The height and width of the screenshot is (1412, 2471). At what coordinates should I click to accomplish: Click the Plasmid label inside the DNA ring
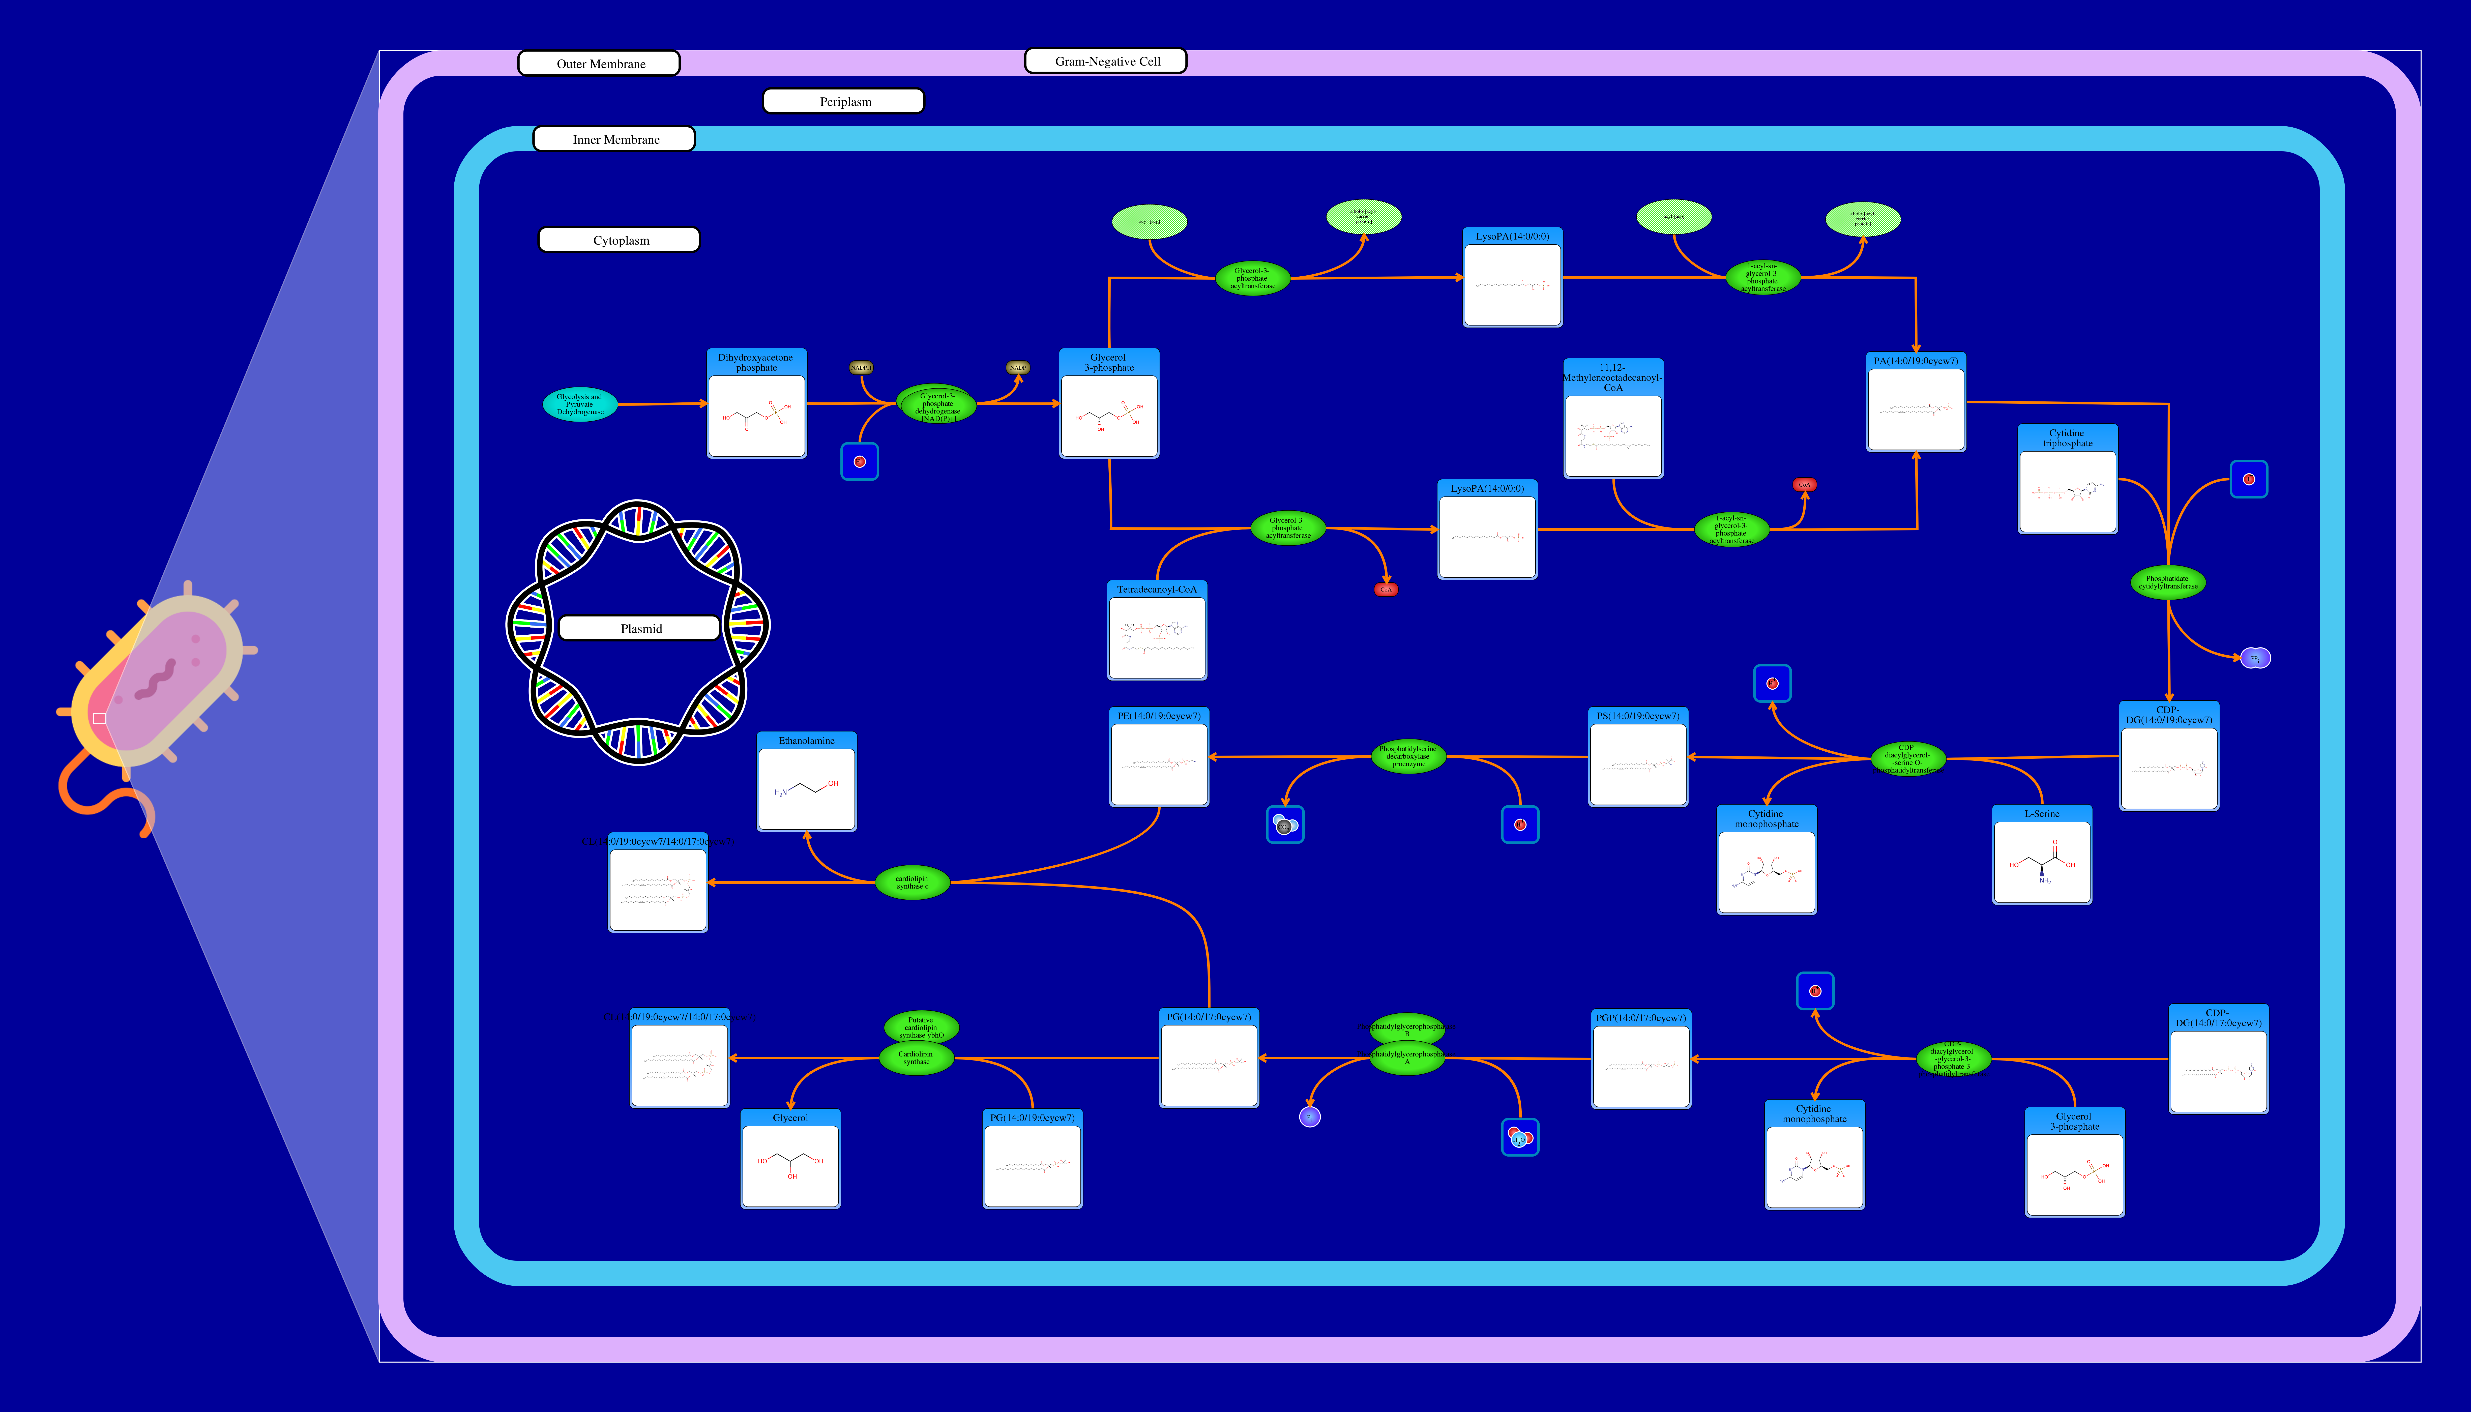tap(640, 628)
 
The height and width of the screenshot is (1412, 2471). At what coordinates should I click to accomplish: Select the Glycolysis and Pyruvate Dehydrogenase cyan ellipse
tap(580, 404)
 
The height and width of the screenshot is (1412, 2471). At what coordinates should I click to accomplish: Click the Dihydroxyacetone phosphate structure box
tap(756, 415)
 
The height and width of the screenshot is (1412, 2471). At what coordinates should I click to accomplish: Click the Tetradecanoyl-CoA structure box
tap(1157, 637)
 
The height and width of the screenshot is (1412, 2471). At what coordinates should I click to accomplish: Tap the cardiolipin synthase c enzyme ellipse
tap(911, 883)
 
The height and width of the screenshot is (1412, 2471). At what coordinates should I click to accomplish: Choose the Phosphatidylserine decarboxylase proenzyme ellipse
tap(1408, 756)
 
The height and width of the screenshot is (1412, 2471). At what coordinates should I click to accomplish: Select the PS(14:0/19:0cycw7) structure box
tap(1638, 764)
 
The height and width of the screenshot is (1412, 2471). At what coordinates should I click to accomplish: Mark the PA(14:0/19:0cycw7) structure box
tap(1915, 409)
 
